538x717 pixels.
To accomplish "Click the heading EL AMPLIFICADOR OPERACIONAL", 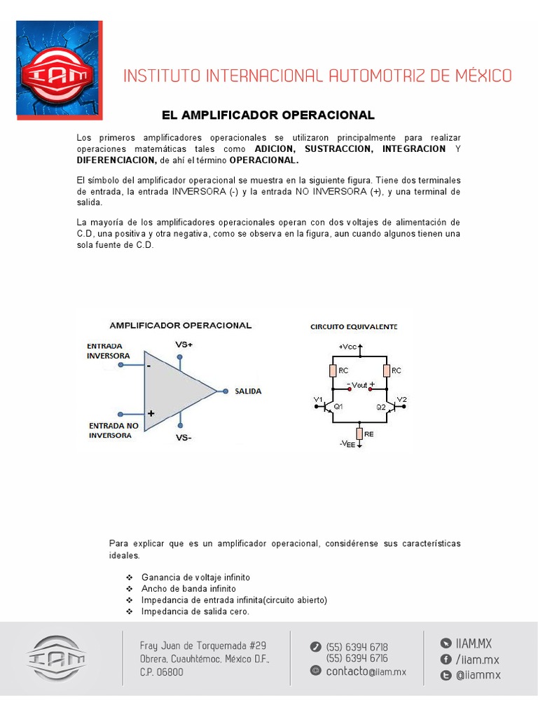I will click(x=268, y=115).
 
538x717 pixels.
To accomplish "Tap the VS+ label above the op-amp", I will click(x=184, y=345).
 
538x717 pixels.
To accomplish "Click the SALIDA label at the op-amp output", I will click(x=248, y=391).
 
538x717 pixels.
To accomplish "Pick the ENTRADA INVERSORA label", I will click(x=108, y=351).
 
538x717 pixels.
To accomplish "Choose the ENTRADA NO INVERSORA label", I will click(x=113, y=430).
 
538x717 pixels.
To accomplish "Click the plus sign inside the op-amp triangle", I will click(x=151, y=414).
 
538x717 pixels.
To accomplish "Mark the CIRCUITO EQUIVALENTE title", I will click(x=354, y=327).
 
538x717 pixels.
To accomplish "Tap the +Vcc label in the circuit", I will click(x=347, y=347).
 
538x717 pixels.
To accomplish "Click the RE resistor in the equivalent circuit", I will click(x=359, y=434).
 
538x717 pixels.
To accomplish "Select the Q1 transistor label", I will click(x=338, y=406).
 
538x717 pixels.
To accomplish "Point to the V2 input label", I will click(x=401, y=400).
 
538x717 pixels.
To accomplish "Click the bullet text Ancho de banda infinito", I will click(x=188, y=589).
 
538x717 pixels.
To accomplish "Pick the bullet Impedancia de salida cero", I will click(x=195, y=611).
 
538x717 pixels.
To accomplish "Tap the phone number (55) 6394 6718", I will click(x=357, y=647).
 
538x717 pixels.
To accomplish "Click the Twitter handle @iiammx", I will click(x=478, y=675).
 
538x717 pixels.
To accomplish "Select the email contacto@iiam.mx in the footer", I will click(x=358, y=671).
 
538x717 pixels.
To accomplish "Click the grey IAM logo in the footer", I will click(x=57, y=658).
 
